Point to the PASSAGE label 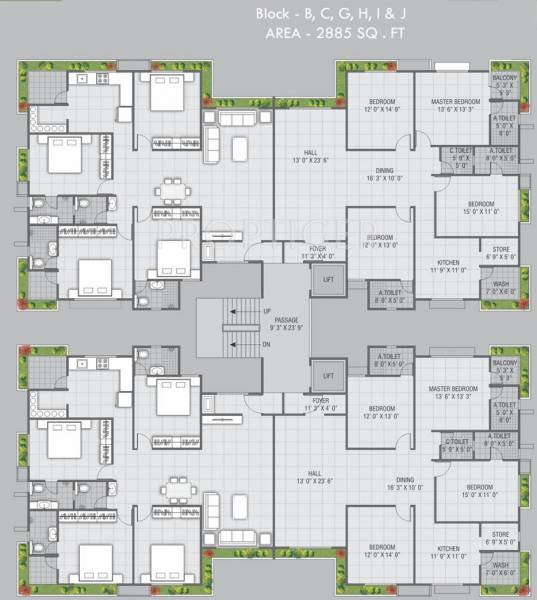pyautogui.click(x=287, y=318)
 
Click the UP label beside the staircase pyautogui.click(x=265, y=311)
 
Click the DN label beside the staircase pyautogui.click(x=265, y=344)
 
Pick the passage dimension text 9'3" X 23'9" pyautogui.click(x=287, y=327)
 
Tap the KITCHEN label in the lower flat pyautogui.click(x=448, y=547)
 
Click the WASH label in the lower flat pyautogui.click(x=498, y=570)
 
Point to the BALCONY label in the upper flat pyautogui.click(x=504, y=79)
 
